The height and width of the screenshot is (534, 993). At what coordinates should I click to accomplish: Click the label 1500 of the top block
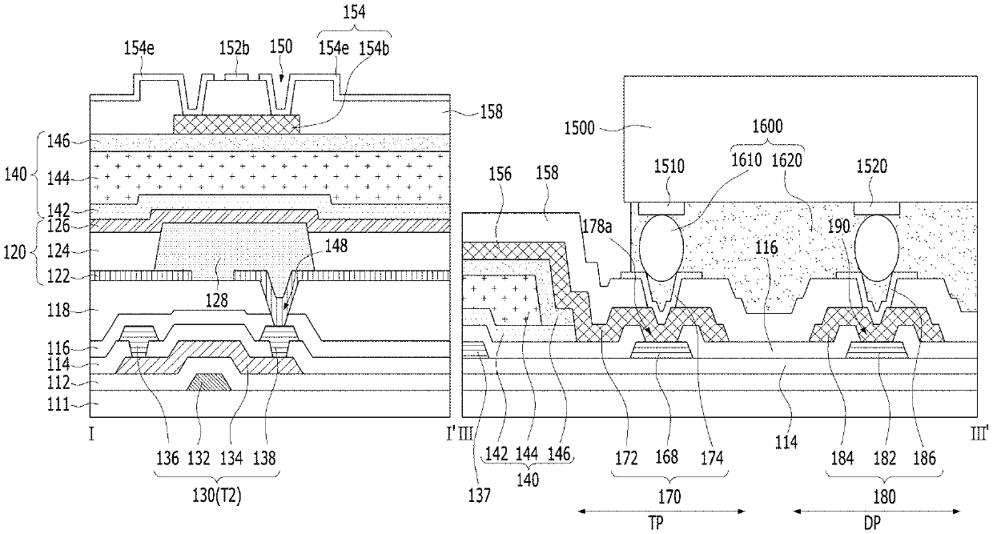pos(579,129)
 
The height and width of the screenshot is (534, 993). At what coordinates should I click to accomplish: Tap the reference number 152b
pos(234,48)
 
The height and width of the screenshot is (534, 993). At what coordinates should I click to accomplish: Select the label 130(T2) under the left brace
pos(217,496)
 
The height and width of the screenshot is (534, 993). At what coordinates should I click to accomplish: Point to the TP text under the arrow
pos(656,524)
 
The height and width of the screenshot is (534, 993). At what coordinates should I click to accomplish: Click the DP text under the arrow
pos(872,524)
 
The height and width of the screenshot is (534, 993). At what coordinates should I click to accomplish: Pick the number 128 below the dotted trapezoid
pos(216,300)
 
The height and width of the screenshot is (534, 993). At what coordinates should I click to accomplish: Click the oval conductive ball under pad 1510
pos(661,248)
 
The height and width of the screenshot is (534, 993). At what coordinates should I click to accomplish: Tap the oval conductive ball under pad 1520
pos(876,248)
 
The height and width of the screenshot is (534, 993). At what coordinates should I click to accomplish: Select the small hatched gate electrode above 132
pos(209,382)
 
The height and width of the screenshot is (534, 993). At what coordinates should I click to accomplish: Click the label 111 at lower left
pos(58,404)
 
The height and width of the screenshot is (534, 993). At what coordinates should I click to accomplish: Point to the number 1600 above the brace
pos(767,126)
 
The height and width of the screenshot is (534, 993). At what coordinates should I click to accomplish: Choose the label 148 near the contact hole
pos(336,246)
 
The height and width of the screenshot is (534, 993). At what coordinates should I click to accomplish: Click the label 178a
pos(597,227)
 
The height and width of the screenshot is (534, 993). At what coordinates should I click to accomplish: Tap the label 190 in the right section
pos(838,227)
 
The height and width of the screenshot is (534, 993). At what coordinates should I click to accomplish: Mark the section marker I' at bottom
pos(450,434)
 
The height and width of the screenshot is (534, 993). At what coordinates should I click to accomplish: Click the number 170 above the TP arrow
pos(669,497)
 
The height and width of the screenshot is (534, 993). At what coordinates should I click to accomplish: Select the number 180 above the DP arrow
pos(884,497)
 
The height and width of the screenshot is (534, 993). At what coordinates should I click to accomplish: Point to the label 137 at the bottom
pos(480,496)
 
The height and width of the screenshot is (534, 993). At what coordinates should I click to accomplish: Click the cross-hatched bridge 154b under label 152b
pos(236,125)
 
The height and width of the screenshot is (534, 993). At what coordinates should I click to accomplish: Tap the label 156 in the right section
pos(500,175)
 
